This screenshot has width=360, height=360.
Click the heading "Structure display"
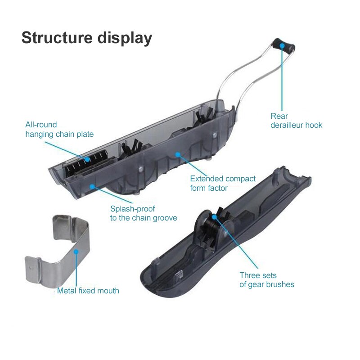(86, 38)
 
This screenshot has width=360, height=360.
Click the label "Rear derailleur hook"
(296, 121)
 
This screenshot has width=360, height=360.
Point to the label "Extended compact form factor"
(223, 183)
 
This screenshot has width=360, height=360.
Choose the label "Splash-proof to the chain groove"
(144, 213)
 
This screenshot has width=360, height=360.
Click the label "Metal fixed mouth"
(88, 291)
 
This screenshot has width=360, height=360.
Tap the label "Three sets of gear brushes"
(267, 279)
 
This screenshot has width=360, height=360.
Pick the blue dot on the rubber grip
(281, 46)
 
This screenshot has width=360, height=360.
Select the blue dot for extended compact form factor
(178, 154)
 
